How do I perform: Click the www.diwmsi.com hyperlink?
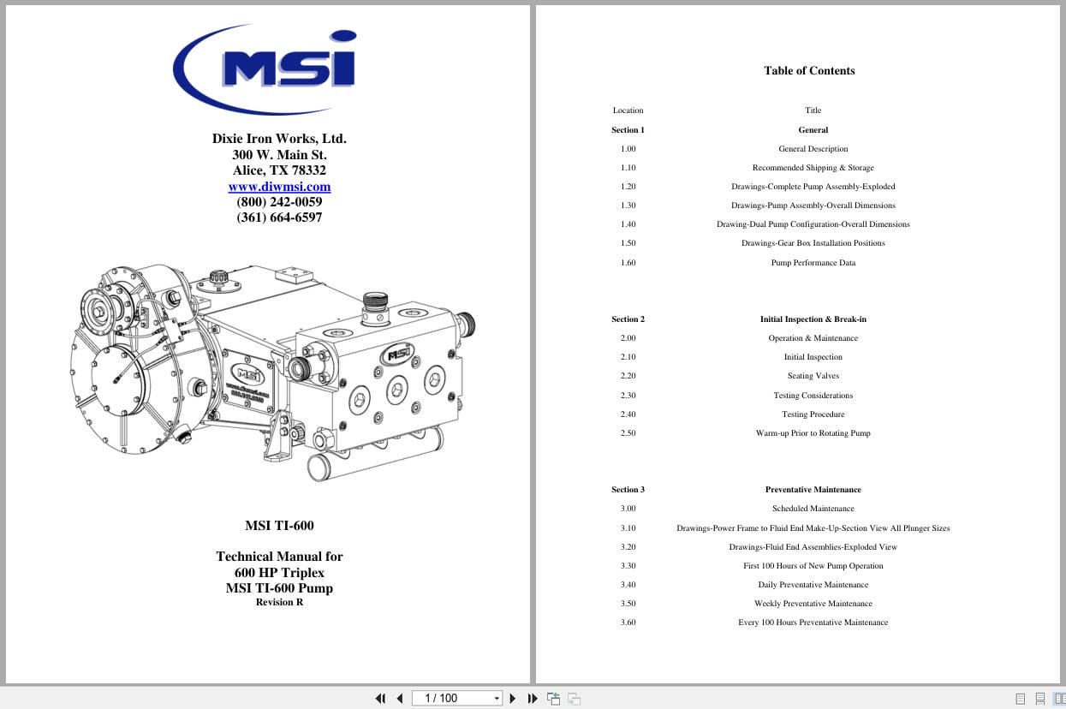click(279, 187)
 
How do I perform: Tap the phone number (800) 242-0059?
click(279, 202)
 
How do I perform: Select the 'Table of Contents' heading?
click(809, 71)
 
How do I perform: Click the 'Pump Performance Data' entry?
click(813, 263)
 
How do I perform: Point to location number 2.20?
click(628, 376)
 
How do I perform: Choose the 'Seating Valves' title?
click(813, 376)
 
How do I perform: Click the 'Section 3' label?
click(628, 490)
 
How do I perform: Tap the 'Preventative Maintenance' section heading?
click(813, 490)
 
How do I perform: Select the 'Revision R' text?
click(279, 602)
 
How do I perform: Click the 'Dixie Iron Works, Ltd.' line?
click(279, 139)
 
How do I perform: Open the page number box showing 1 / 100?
click(456, 699)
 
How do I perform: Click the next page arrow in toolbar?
click(513, 699)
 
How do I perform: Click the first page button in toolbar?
click(380, 699)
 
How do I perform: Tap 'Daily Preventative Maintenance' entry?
click(813, 585)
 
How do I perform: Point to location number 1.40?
click(628, 224)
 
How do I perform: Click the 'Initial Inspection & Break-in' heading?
click(813, 319)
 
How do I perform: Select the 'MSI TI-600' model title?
click(279, 526)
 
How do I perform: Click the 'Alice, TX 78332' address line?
click(279, 170)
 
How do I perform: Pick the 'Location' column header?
click(628, 110)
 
